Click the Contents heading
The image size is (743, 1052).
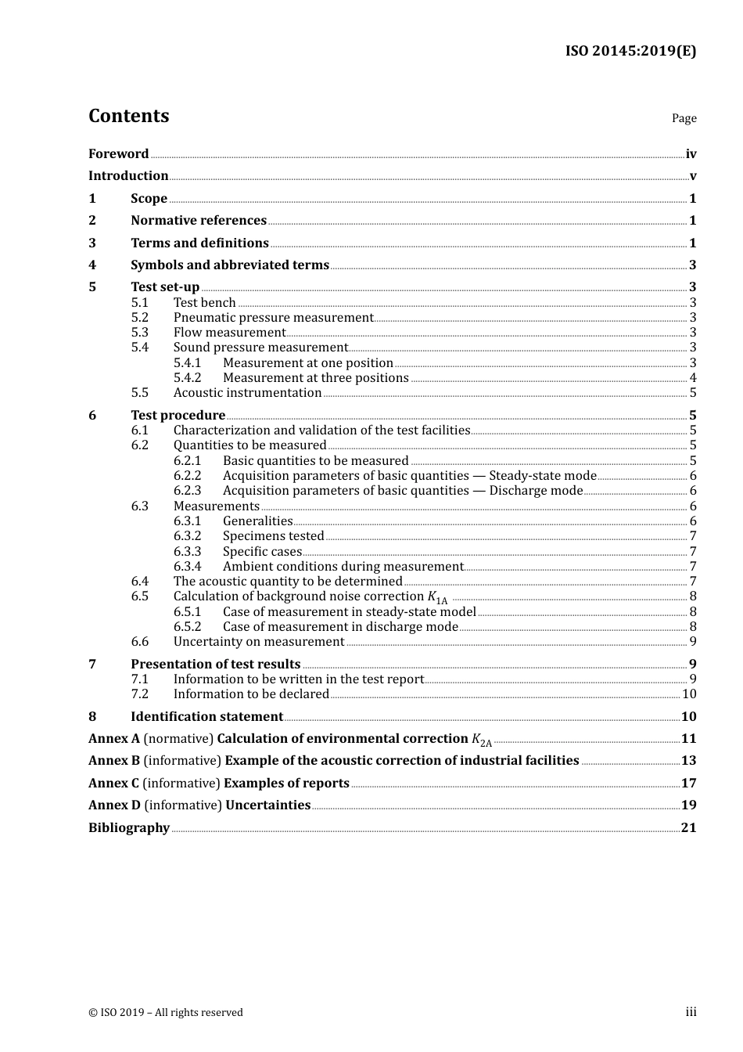[x=128, y=116]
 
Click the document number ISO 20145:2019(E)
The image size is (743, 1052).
[x=630, y=52]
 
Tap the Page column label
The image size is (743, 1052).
[x=684, y=118]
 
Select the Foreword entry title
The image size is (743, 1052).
[x=118, y=154]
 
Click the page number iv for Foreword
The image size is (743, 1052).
[x=691, y=154]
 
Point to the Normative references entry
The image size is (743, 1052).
[x=198, y=221]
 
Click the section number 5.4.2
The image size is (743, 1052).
[x=187, y=378]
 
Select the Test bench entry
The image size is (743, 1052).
[x=204, y=303]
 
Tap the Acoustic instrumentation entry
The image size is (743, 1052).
[x=247, y=393]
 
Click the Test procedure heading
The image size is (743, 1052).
[x=178, y=416]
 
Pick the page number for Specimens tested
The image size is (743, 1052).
[x=693, y=536]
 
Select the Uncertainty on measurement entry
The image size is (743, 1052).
[x=258, y=642]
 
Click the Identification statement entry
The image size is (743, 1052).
[x=206, y=717]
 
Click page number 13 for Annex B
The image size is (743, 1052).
[x=688, y=761]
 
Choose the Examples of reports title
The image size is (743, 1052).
[x=286, y=784]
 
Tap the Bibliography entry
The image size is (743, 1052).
[x=129, y=828]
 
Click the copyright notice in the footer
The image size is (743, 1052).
[x=165, y=1013]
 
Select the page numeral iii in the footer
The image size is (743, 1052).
[x=691, y=1012]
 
